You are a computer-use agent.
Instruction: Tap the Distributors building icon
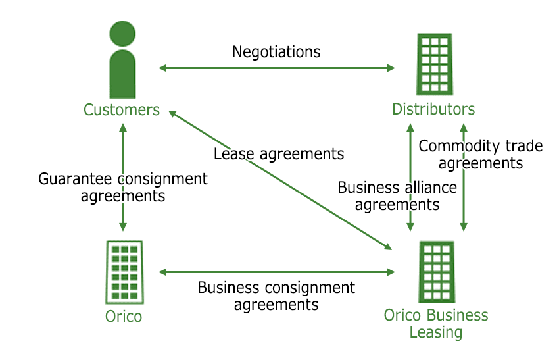coord(434,64)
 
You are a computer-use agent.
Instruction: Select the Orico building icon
coord(124,271)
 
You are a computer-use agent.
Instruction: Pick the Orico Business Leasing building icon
coord(436,271)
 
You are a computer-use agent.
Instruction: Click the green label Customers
coord(122,109)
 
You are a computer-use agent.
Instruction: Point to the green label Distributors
coord(433,109)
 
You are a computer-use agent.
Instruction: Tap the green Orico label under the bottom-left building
coord(124,317)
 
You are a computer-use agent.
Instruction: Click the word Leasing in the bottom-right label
coord(436,332)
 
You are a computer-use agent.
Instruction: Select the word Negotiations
coord(276,51)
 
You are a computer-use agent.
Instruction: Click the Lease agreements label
coord(279,154)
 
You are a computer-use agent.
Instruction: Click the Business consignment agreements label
coord(276,296)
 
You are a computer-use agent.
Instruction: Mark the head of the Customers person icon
coord(123,34)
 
